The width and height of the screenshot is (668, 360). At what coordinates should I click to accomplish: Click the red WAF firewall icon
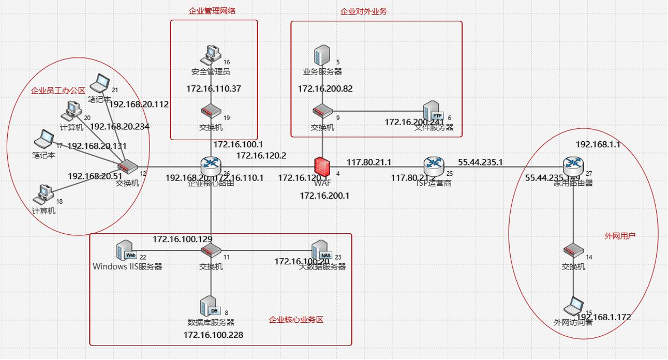pos(323,167)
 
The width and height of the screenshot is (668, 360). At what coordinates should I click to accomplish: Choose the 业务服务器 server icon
pos(323,55)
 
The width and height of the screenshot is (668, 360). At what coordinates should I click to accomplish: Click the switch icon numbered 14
pos(573,251)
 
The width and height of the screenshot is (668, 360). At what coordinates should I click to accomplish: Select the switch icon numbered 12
pos(127,166)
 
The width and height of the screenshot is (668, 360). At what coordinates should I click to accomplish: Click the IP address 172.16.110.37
pos(214,89)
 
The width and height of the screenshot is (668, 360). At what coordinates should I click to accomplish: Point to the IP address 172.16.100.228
pos(213,335)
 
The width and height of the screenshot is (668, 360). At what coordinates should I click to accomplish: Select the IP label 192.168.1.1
pos(598,145)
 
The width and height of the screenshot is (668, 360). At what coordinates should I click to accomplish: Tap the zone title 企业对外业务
pos(364,11)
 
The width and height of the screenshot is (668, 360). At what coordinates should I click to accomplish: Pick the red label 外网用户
pos(620,235)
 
